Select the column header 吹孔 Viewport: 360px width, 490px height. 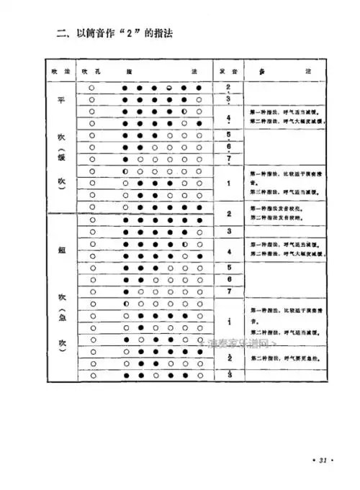pos(91,71)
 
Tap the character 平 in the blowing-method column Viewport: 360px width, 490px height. pos(60,100)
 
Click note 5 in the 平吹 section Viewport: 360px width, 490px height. pos(228,135)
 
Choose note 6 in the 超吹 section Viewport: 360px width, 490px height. pos(228,278)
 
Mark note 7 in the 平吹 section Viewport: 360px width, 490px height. pos(228,158)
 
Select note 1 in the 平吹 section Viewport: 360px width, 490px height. pos(228,183)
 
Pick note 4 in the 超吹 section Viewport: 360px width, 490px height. pos(228,251)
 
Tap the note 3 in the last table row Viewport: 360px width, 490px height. pos(228,375)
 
